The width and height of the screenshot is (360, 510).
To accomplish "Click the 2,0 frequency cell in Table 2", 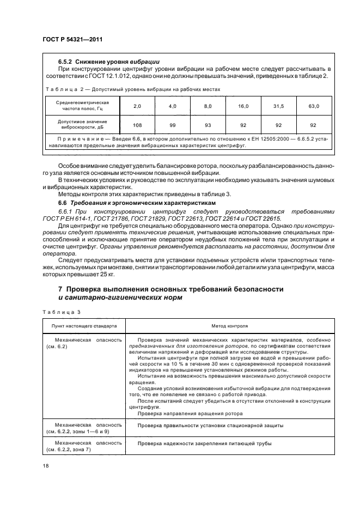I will point(137,106).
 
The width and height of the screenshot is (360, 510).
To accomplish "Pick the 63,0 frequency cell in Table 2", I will point(314,106).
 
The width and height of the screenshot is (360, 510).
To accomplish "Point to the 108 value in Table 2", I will point(137,125).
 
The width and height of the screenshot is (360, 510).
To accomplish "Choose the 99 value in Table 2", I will point(173,125).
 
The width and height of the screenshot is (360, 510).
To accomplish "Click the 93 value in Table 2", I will point(208,125).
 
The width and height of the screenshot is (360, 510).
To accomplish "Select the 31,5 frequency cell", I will point(279,106).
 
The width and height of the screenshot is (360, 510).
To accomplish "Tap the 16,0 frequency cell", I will point(243,106).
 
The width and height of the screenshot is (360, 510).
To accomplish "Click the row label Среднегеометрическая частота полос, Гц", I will point(82,106).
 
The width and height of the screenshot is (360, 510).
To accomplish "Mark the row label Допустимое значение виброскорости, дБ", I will point(82,125).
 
